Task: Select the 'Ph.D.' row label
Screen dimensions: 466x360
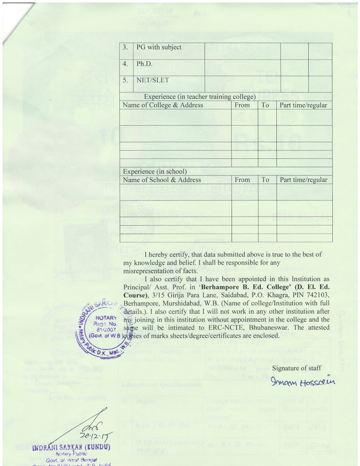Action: click(144, 64)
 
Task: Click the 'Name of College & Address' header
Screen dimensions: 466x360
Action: click(163, 105)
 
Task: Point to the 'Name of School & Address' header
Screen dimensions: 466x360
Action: click(162, 180)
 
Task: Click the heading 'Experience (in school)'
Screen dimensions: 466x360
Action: click(155, 172)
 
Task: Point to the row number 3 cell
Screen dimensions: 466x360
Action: click(125, 47)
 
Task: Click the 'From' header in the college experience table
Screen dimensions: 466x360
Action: click(242, 105)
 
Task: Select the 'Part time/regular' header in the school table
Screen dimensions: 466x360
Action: click(304, 180)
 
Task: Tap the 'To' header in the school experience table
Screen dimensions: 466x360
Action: click(265, 180)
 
